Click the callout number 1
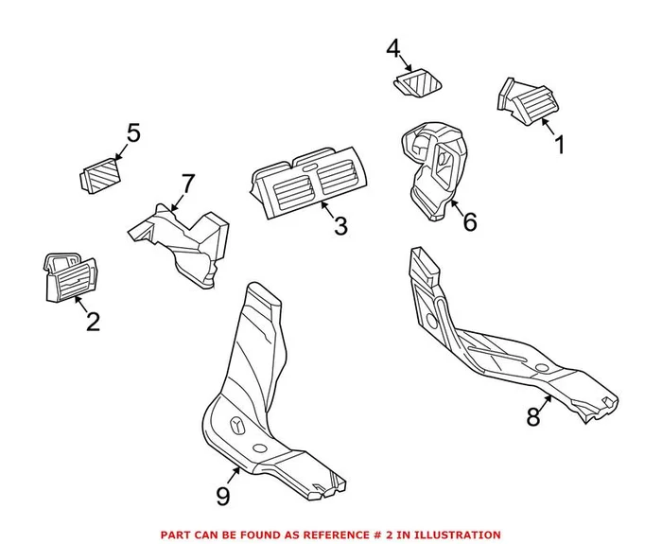pyautogui.click(x=559, y=147)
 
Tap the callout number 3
pyautogui.click(x=340, y=227)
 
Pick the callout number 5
pyautogui.click(x=132, y=133)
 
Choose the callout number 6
pyautogui.click(x=469, y=222)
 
